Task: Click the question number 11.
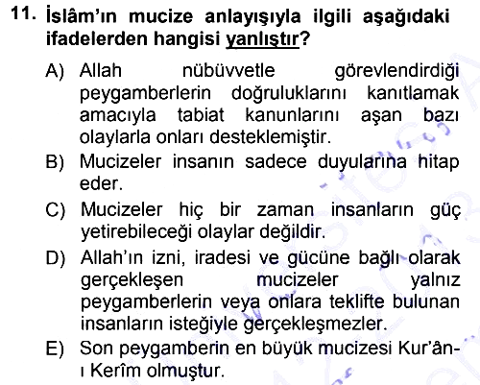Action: (x=23, y=14)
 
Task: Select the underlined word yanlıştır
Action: (x=262, y=39)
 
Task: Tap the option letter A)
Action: (x=55, y=71)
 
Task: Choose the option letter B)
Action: (x=55, y=161)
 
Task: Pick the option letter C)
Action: (x=56, y=210)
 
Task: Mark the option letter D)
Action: (x=56, y=258)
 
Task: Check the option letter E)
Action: (x=55, y=349)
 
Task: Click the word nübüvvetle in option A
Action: (x=228, y=71)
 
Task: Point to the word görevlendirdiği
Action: (x=396, y=72)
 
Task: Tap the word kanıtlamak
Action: (x=413, y=93)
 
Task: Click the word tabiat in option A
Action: (x=201, y=115)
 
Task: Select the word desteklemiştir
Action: (x=271, y=137)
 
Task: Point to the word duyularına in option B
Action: (x=362, y=162)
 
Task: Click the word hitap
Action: (x=439, y=162)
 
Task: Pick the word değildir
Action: (x=293, y=232)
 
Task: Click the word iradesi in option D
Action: (x=223, y=258)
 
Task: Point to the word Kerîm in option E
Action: (x=116, y=372)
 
